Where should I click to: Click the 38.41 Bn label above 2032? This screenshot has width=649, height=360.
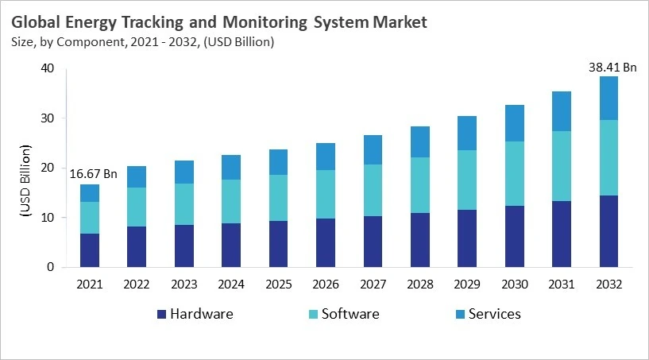[x=612, y=68]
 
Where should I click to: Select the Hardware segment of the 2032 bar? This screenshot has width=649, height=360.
[x=608, y=231]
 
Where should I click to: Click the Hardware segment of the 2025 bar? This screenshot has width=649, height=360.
[x=278, y=244]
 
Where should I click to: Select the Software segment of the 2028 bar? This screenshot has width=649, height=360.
[x=420, y=185]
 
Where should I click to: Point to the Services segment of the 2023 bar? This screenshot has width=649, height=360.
[x=183, y=172]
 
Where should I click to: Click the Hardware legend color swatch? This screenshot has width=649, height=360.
[x=163, y=314]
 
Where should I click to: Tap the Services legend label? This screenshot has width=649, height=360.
[x=494, y=314]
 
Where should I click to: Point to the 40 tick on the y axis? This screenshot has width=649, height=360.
[x=47, y=69]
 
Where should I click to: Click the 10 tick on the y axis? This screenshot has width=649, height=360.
[x=47, y=218]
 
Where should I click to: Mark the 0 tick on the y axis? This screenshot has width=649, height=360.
[x=50, y=268]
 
